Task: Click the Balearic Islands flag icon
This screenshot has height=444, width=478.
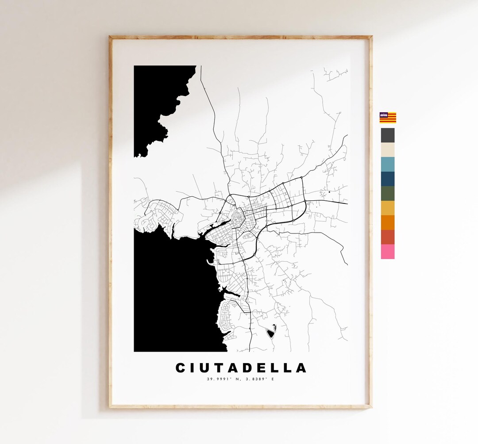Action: [x=388, y=118]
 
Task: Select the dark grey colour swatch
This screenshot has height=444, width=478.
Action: [x=388, y=135]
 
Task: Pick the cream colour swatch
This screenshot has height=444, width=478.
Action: [x=388, y=150]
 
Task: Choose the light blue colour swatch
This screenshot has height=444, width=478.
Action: [x=388, y=165]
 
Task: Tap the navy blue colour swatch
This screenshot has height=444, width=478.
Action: [x=388, y=179]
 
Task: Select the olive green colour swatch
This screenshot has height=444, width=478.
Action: [x=388, y=194]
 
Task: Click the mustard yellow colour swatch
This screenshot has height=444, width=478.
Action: [x=388, y=208]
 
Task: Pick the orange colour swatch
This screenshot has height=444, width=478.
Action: [x=388, y=223]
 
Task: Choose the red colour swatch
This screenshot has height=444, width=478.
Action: [x=388, y=237]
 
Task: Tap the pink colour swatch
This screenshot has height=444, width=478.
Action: [x=388, y=252]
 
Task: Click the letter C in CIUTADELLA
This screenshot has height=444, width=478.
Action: [x=181, y=368]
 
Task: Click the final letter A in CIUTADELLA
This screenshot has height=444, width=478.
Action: [x=301, y=368]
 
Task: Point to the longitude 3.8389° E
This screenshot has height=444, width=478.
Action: [x=261, y=379]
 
